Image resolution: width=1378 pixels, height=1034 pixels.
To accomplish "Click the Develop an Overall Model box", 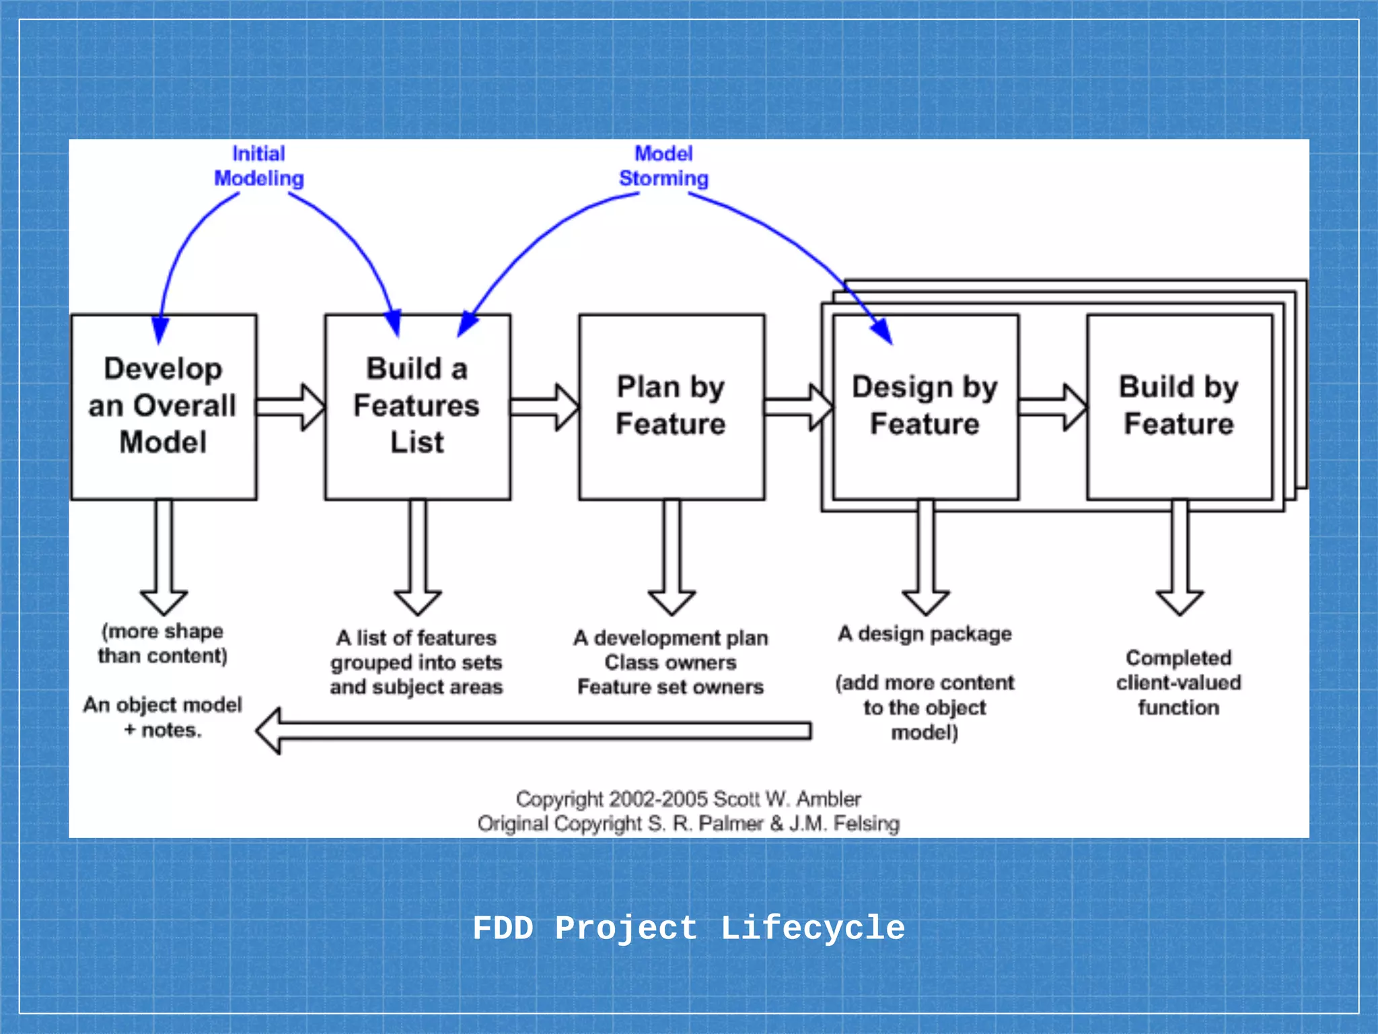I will click(164, 407).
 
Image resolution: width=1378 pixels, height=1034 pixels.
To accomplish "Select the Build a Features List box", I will click(417, 407).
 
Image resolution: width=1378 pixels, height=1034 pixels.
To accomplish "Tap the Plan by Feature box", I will click(671, 407).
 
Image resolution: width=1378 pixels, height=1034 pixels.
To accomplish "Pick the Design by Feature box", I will click(925, 407).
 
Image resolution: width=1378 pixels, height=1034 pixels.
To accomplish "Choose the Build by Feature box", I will click(1179, 407).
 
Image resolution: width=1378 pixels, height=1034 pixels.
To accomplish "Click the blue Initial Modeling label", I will click(259, 166).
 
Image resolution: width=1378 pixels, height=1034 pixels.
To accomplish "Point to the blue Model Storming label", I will click(663, 166).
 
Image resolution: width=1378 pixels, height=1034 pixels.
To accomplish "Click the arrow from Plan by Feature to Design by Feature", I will click(798, 407).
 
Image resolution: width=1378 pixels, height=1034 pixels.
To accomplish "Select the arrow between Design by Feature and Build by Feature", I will click(1052, 407).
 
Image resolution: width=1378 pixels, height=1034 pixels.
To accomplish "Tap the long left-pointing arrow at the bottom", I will click(532, 730).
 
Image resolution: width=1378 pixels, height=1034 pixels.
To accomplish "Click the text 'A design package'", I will click(925, 633).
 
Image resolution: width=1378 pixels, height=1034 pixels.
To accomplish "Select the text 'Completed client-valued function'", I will click(1179, 683).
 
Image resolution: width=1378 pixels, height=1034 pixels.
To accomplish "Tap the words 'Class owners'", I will click(671, 662).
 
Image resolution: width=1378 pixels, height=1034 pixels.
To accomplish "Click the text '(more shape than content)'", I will click(163, 644).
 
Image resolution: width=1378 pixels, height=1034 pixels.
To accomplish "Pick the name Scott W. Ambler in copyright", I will click(787, 799).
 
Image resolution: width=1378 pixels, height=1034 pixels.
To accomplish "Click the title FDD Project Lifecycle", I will click(689, 928).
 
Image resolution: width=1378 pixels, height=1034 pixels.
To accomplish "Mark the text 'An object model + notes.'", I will click(163, 717).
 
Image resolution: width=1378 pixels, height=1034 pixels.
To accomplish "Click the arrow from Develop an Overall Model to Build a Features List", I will click(290, 407).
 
